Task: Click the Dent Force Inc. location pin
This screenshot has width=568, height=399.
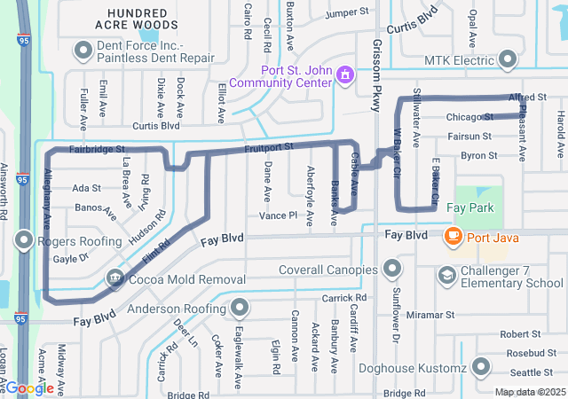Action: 83,51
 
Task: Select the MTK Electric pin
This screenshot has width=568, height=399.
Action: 508,59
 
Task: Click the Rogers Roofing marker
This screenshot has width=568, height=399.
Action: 23,240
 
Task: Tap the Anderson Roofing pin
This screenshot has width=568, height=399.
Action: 240,309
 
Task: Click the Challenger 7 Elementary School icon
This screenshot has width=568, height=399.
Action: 447,277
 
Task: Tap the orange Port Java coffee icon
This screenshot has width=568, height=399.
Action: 454,235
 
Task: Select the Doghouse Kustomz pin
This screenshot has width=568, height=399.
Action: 481,366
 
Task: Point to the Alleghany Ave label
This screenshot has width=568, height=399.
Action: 47,199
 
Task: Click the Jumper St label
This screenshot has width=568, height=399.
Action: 346,14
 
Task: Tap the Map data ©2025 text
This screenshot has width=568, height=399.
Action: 529,392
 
